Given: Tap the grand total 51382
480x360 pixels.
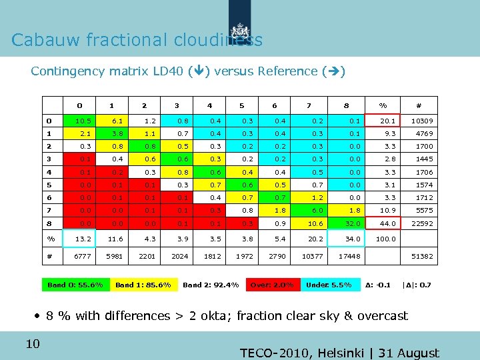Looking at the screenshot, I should (x=422, y=256).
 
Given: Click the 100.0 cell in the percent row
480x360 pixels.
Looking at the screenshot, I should (x=385, y=239).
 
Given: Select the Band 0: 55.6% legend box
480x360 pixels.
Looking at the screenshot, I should (x=75, y=285).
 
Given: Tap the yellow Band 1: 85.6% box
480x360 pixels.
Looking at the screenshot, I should (x=143, y=285).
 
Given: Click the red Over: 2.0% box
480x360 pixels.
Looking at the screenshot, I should (x=271, y=285).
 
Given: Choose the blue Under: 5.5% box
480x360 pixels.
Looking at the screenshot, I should (x=328, y=285).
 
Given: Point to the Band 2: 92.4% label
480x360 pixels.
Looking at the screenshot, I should (x=211, y=285).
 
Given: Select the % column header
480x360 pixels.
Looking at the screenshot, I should (x=383, y=105).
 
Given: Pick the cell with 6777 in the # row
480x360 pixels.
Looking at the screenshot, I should (x=79, y=256).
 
